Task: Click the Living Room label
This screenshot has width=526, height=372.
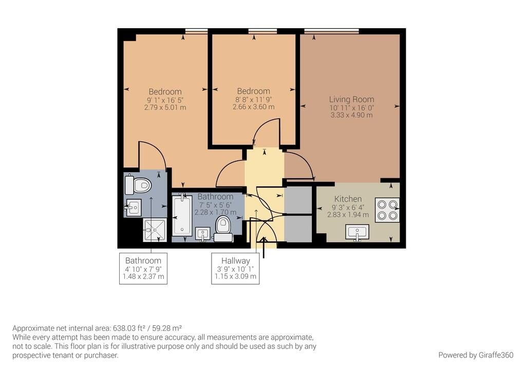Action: [351, 99]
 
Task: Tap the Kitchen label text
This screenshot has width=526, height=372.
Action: [348, 199]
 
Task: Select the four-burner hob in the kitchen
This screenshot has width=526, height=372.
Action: [387, 210]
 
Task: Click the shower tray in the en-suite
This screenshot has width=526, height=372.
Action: [155, 230]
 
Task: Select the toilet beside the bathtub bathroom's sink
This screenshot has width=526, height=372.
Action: [223, 228]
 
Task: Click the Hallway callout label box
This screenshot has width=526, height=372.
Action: [235, 269]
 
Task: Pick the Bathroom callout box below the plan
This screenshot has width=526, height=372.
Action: [143, 269]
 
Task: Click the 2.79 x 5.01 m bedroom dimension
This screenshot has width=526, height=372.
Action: [165, 108]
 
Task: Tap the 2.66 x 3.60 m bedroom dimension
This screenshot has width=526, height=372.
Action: [253, 107]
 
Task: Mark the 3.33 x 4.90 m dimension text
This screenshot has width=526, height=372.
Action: [351, 115]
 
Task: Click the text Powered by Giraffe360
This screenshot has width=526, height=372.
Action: [476, 355]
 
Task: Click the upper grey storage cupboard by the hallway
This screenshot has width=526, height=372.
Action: [298, 199]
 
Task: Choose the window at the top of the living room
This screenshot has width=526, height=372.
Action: [331, 31]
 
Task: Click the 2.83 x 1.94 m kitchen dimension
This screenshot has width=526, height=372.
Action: [348, 215]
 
